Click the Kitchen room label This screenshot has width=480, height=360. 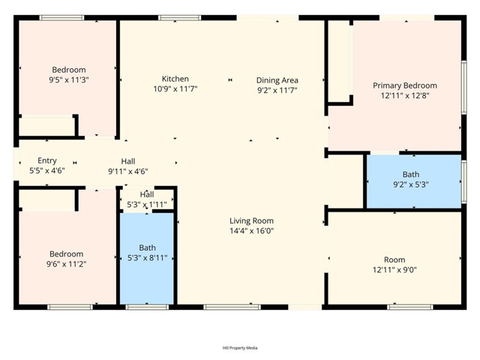coord(175,79)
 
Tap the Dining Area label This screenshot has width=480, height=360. coord(277,80)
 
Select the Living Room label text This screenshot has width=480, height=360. coord(251,220)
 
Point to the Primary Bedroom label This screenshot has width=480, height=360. coord(404,85)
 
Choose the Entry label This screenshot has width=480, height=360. coord(46,160)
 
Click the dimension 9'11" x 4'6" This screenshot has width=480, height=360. coord(128,171)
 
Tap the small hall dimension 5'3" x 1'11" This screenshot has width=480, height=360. coord(147,204)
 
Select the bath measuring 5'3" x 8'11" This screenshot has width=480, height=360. coord(147,253)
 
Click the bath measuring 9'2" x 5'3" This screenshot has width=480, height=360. coord(410,179)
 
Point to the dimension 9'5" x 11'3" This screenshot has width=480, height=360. coord(70,80)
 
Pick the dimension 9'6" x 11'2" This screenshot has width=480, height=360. coord(66,264)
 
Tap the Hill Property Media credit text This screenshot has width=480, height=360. coord(240,347)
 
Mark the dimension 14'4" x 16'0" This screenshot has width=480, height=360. coord(251,231)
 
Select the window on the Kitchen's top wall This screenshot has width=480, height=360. coord(179,17)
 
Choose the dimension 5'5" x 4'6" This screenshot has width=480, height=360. coord(46,170)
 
